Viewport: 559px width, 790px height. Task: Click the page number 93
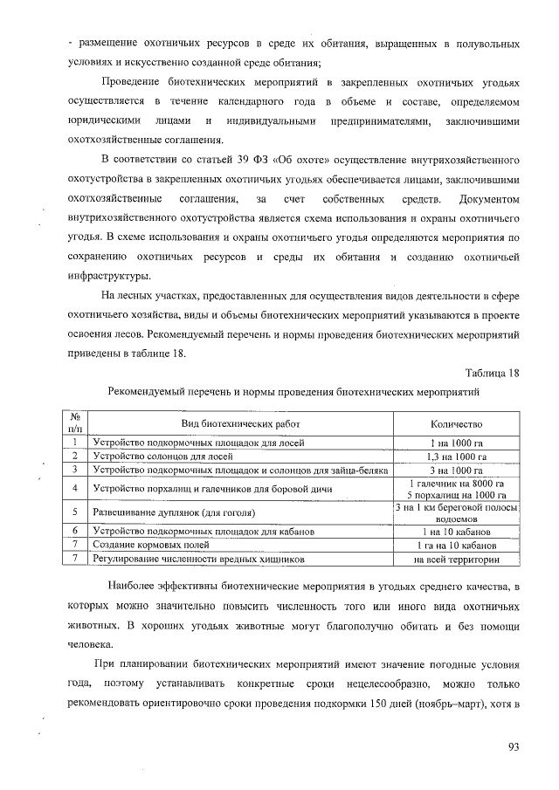pos(513,745)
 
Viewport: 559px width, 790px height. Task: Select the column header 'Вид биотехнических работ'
pos(234,423)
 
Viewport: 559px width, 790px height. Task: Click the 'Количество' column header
pos(457,423)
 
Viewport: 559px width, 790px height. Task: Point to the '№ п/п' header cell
pos(75,423)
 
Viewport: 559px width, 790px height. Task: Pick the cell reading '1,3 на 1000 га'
pos(457,456)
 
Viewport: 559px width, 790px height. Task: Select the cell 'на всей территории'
pos(457,559)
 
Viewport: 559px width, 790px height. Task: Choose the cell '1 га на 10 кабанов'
pos(457,545)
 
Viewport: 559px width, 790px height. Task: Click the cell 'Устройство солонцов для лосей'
pos(162,456)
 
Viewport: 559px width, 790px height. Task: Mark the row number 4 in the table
pos(76,488)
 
